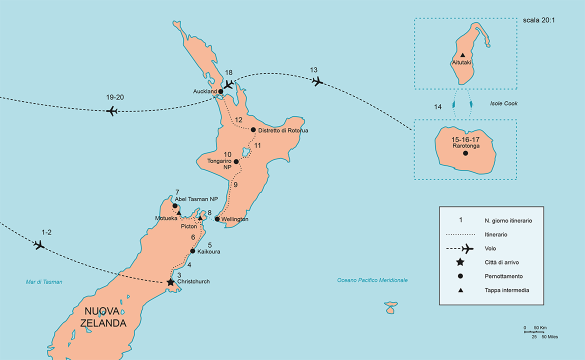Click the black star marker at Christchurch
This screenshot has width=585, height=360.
[x=170, y=282]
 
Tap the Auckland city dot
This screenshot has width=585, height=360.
[x=221, y=91]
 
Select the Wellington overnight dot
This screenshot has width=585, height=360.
[x=217, y=219]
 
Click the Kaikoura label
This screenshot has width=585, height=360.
[x=208, y=251]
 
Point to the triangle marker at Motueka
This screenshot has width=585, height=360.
[x=179, y=213]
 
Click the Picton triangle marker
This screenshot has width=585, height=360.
[x=200, y=218]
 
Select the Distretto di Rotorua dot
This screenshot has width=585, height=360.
[x=253, y=130]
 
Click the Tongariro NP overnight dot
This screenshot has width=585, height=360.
[x=236, y=161]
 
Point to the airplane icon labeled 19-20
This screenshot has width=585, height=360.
[x=112, y=111]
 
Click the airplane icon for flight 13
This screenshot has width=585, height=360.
[x=316, y=81]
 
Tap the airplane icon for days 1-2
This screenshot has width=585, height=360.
[x=39, y=245]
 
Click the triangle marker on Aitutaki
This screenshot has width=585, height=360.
[x=462, y=55]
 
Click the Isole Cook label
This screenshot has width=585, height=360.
[x=503, y=103]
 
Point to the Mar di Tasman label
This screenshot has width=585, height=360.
[x=44, y=282]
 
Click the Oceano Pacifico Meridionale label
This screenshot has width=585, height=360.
[x=372, y=280]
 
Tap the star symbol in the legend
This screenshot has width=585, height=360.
[x=460, y=262]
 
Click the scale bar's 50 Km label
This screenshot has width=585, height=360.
[x=539, y=328]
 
